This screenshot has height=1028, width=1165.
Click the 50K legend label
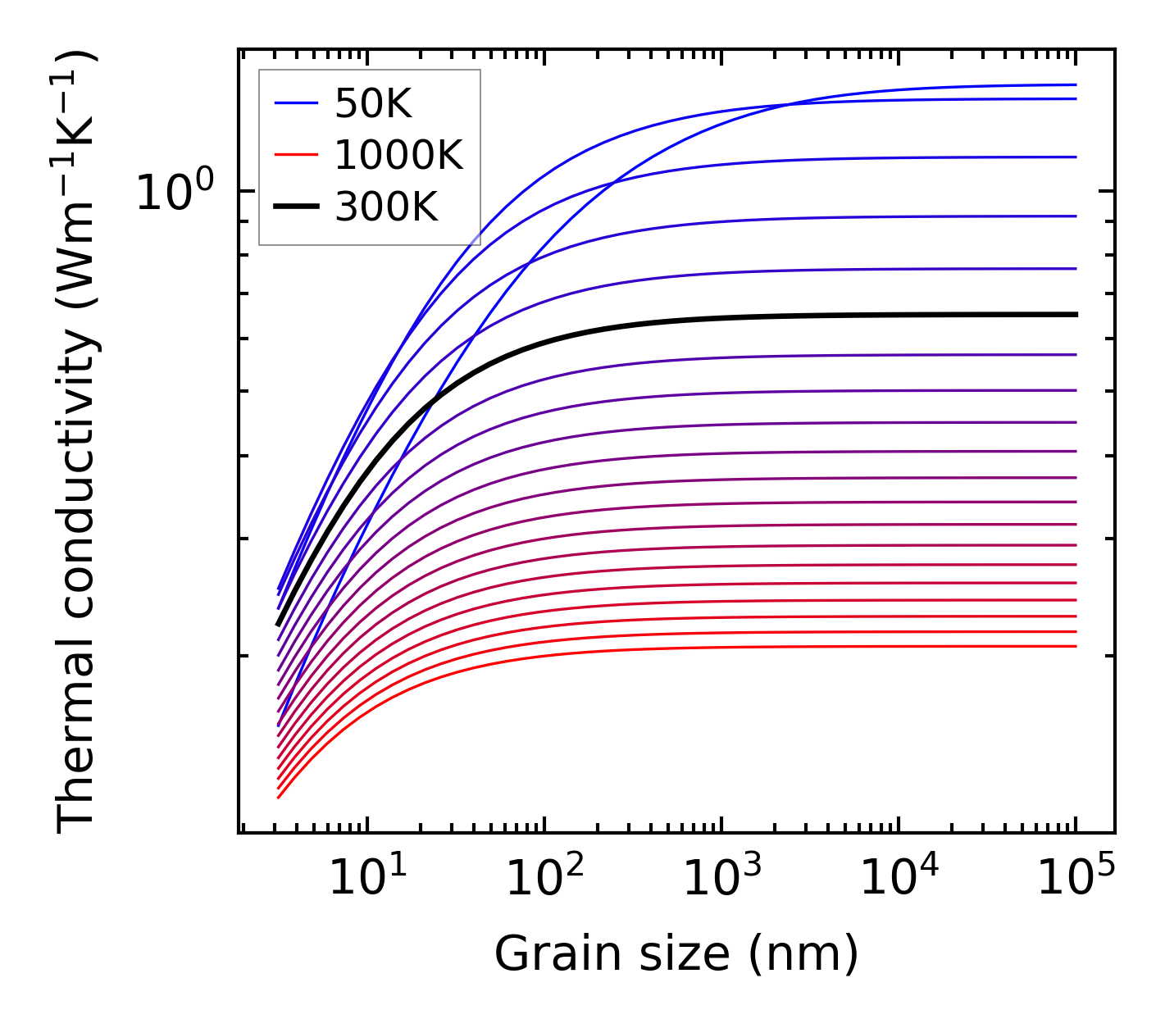pos(373,103)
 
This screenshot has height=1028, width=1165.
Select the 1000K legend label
pos(398,155)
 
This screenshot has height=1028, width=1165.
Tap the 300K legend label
pos(386,207)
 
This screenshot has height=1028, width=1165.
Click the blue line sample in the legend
pos(295,103)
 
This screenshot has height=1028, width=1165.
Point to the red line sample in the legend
pos(295,155)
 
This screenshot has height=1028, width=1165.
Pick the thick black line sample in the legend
pos(295,207)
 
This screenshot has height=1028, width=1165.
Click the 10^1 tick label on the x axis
pos(367,879)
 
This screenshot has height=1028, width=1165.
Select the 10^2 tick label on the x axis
pos(544,879)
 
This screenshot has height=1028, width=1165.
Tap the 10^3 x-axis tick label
pos(721,879)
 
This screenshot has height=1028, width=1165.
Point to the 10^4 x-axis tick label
pos(899,879)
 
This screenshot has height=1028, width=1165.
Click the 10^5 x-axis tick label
pos(1076,879)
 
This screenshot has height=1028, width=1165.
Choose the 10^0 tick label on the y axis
pos(174,193)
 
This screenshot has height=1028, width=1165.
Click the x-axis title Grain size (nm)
pos(676,954)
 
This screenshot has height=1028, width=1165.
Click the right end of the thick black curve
pos(1075,314)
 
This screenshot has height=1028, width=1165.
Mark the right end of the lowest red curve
pos(1075,646)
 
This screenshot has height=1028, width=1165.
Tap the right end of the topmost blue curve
pos(1075,84)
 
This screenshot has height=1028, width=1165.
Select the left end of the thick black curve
pos(279,625)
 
